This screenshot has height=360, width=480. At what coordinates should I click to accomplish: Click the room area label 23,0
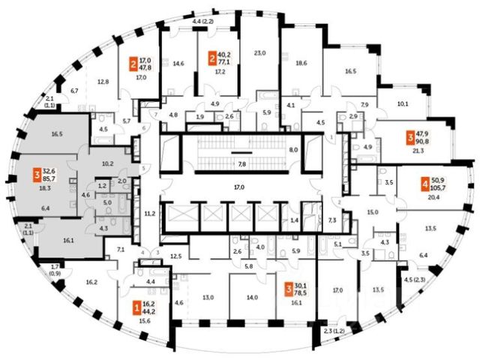click(260, 53)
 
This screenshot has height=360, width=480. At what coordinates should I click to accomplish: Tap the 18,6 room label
click(301, 64)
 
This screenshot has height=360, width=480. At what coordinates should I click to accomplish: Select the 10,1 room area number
click(402, 104)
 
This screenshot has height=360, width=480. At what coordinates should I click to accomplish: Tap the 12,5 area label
click(176, 256)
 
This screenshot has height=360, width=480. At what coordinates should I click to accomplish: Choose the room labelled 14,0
click(251, 297)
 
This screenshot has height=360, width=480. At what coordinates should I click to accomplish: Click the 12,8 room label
click(103, 81)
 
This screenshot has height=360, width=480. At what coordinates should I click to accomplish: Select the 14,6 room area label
click(178, 64)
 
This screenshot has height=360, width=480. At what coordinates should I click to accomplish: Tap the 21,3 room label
click(418, 151)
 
